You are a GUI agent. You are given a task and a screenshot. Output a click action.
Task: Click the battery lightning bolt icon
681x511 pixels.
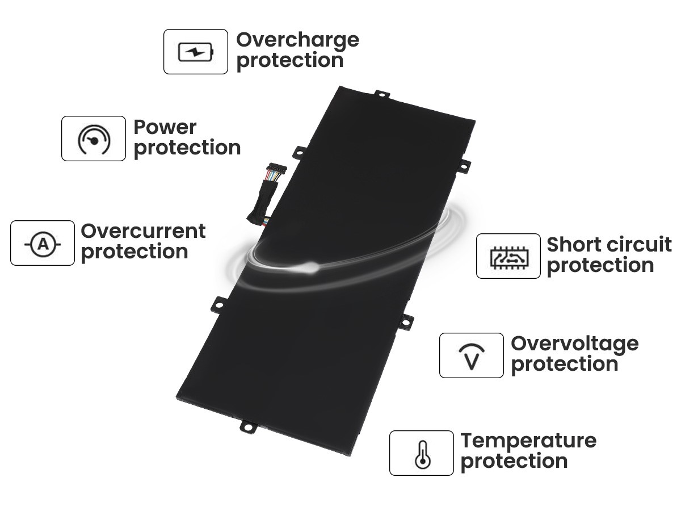point(195,52)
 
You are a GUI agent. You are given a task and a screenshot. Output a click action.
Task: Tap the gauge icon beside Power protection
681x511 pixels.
point(94,139)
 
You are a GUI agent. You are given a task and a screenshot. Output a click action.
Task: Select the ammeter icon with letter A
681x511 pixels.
point(43,245)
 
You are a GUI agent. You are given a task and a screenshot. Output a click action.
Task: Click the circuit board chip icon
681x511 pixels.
point(509,258)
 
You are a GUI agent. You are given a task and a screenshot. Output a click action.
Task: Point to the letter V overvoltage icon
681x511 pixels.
point(472,356)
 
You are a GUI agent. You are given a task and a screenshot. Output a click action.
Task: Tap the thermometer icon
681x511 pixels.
point(422,455)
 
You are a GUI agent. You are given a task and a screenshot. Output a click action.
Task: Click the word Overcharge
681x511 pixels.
point(297,41)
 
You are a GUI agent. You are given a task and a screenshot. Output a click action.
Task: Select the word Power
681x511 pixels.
point(165,127)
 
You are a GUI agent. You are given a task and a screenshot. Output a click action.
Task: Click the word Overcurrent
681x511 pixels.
point(143,231)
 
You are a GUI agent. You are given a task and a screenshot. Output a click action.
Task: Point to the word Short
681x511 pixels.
point(573,245)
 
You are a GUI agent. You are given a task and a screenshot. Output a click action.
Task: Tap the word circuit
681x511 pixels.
point(637,245)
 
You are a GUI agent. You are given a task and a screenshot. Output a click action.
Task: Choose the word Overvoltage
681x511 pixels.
point(574,345)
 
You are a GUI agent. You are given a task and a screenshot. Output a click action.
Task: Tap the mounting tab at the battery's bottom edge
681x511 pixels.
point(249,426)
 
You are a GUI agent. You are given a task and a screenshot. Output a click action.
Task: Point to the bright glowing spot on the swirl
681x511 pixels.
point(310,266)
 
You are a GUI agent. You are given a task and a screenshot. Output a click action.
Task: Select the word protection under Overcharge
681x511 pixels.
point(290,61)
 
